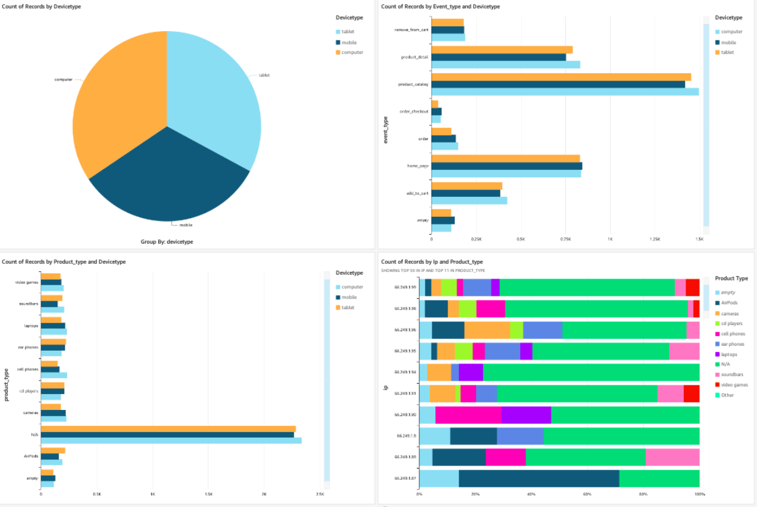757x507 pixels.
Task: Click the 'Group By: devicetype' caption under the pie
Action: click(x=167, y=242)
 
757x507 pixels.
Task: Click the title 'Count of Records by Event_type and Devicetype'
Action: click(x=440, y=7)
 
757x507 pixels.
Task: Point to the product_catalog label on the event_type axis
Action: click(x=413, y=84)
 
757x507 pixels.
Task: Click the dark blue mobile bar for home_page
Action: click(x=506, y=166)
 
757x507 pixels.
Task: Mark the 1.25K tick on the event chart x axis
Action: click(x=654, y=239)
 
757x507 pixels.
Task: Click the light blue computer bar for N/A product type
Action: click(x=171, y=440)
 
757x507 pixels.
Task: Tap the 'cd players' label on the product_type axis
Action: click(x=28, y=391)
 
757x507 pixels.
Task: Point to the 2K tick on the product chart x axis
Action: click(x=264, y=494)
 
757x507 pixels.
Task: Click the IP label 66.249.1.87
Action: click(x=405, y=478)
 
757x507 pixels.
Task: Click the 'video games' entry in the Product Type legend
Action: click(x=734, y=385)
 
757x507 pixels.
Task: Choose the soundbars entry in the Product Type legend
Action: click(x=733, y=374)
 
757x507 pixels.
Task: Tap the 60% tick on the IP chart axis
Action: click(x=587, y=494)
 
